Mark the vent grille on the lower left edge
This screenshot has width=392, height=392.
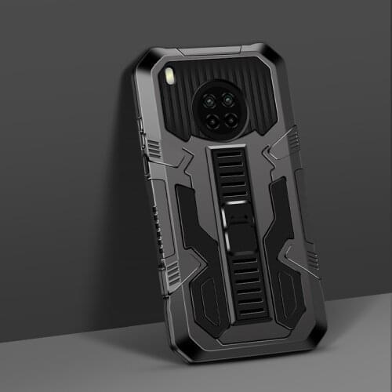[171, 270]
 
